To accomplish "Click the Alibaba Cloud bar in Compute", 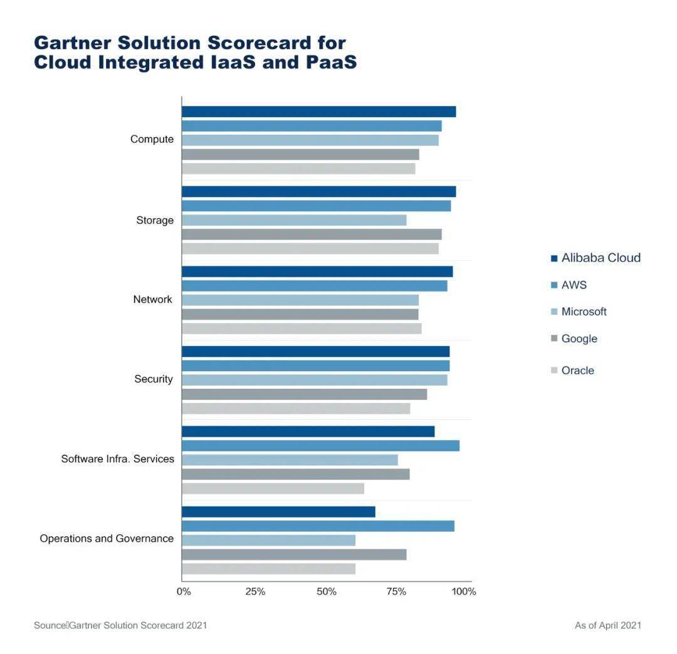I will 318,112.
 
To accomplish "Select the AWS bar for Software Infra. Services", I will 320,446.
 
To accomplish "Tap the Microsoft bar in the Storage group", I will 294,220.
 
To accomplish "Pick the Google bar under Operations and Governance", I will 294,554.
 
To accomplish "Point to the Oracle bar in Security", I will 296,408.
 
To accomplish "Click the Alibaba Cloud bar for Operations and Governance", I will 278,512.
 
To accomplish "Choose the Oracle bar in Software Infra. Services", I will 273,488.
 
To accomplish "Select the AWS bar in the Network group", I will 314,286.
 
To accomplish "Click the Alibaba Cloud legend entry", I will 596,258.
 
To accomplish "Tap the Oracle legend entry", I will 572,371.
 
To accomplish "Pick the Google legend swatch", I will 554,339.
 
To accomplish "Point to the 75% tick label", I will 396,591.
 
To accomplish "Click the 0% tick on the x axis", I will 184,591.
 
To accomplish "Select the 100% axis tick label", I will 464,591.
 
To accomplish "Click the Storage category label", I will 155,220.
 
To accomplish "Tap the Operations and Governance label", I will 107,539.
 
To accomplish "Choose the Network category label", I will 152,300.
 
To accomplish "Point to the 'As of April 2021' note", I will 608,625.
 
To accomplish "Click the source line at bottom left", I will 120,625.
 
